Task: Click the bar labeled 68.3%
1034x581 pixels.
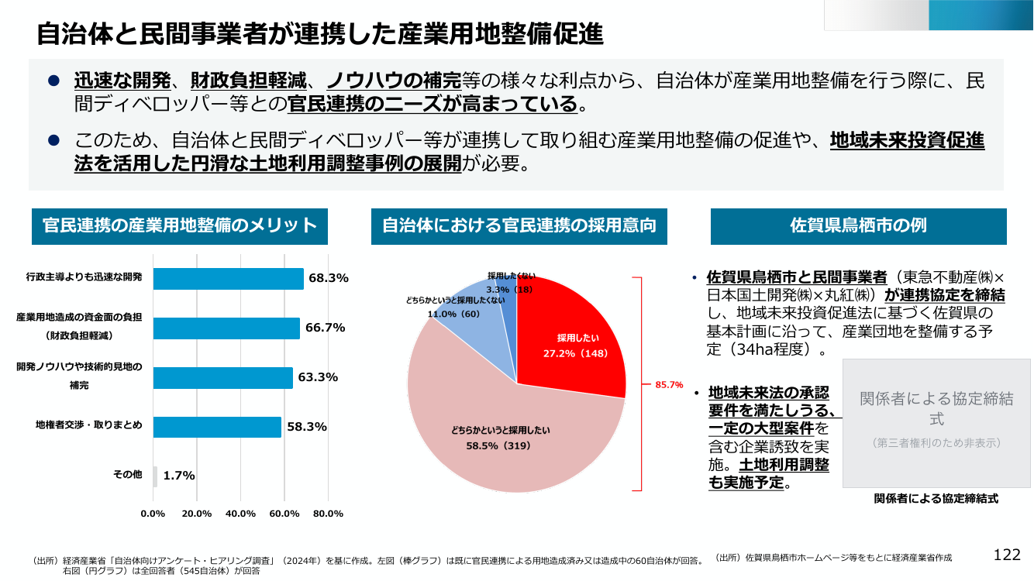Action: point(229,279)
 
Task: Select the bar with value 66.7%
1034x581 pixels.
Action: point(226,328)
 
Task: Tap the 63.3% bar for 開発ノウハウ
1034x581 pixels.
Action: point(223,378)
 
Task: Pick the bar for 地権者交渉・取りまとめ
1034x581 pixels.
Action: point(217,427)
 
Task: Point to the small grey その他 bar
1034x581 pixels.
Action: point(155,476)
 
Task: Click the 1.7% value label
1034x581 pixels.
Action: point(179,476)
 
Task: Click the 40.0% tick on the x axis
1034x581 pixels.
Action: point(240,514)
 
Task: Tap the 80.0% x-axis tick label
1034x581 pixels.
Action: point(328,514)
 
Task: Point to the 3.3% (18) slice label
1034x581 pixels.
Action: point(509,290)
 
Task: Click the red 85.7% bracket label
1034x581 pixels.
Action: point(669,385)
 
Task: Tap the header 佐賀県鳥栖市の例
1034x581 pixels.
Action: point(858,225)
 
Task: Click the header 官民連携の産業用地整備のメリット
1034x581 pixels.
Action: point(180,225)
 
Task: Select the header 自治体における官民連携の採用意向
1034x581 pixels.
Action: point(519,225)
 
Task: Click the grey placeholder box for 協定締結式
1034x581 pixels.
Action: point(936,423)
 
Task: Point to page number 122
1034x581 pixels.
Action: point(1007,555)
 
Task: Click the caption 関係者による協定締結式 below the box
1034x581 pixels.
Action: point(936,499)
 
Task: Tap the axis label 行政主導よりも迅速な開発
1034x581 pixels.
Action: point(84,277)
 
